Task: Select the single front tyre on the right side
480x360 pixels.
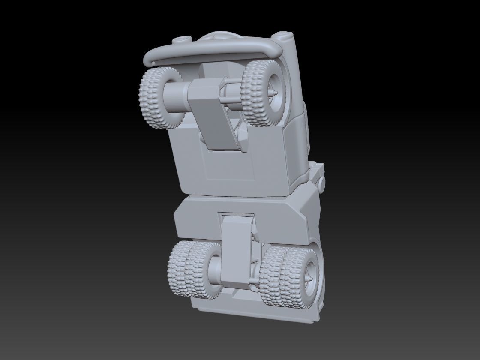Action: pos(259,93)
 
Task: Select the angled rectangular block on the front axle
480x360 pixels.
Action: pos(212,114)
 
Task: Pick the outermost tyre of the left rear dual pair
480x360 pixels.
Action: pos(177,268)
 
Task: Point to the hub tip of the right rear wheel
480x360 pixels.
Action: pos(309,278)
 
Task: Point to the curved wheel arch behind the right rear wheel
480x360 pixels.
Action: pos(319,257)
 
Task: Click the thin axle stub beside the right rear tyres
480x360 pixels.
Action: pos(255,281)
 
